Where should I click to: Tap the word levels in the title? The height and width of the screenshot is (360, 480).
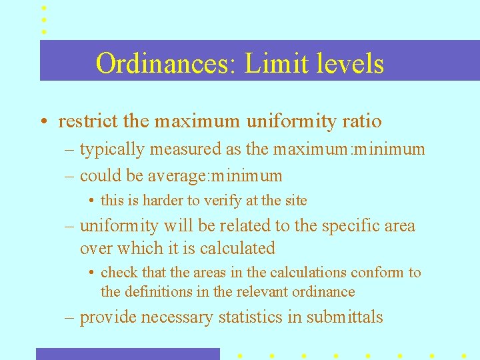349,64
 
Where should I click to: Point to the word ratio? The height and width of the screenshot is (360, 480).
362,121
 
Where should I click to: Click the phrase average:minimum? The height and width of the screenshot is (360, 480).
227,176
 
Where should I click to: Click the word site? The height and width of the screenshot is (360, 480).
295,200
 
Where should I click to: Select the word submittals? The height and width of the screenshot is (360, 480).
345,317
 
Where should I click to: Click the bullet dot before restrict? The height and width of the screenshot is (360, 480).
42,123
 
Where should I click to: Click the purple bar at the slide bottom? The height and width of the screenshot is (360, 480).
127,354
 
